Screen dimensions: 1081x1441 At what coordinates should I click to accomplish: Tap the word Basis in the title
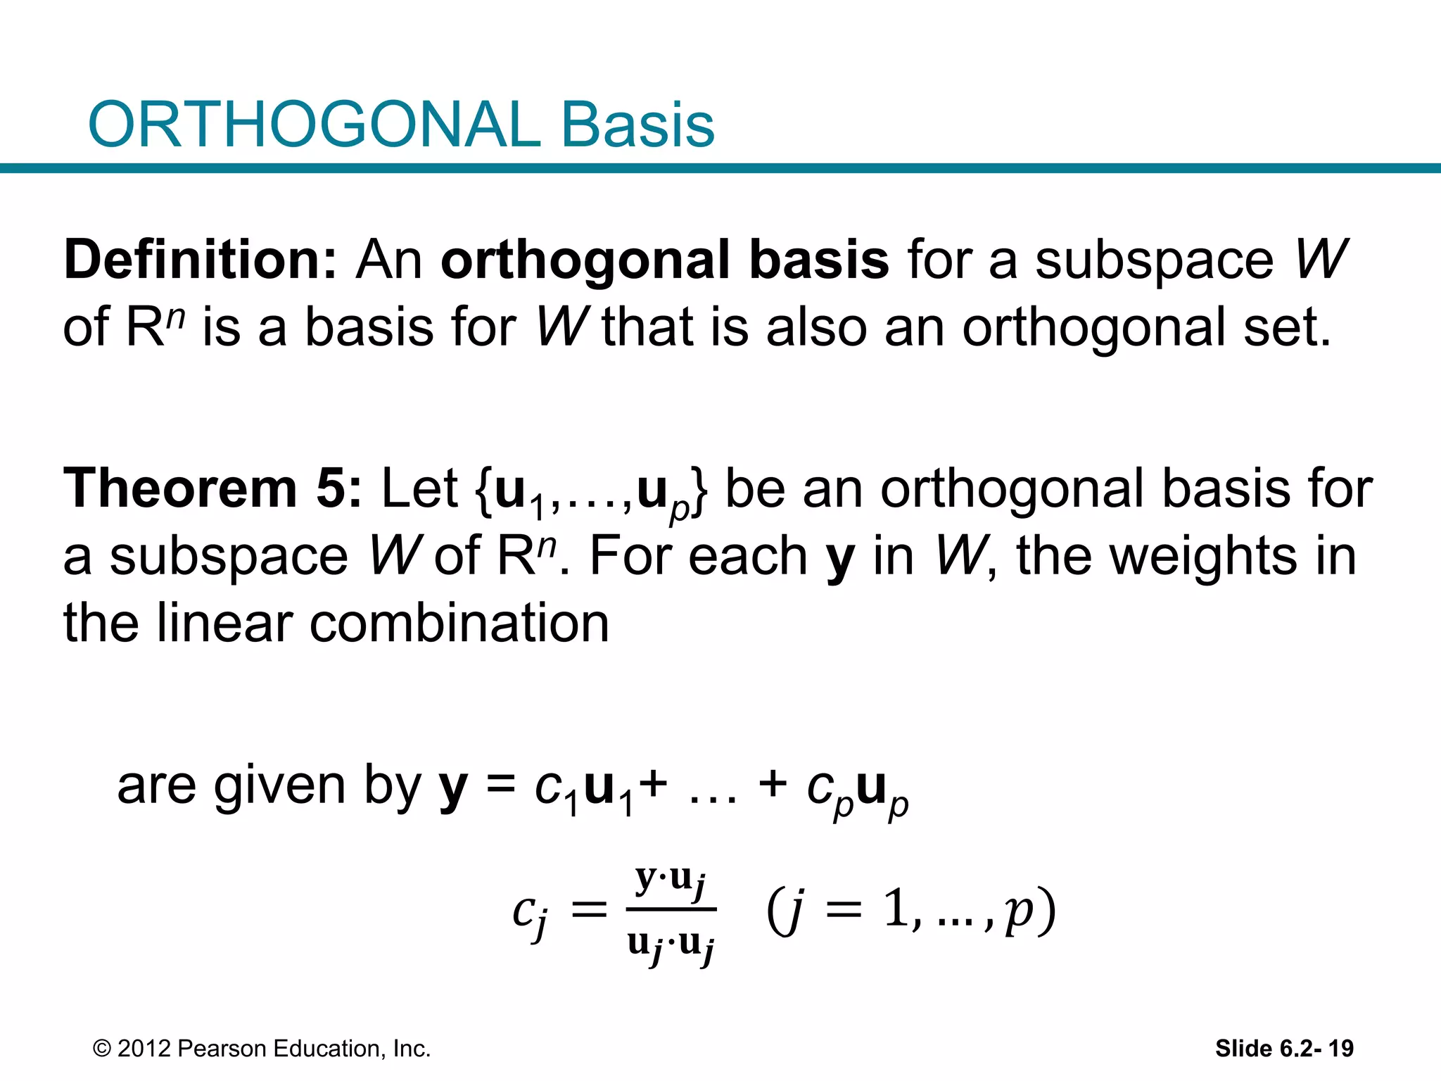pyautogui.click(x=637, y=125)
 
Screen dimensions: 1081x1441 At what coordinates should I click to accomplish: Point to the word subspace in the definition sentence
pyautogui.click(x=1154, y=260)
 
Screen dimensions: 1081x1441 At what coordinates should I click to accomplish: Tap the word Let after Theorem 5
pyautogui.click(x=419, y=488)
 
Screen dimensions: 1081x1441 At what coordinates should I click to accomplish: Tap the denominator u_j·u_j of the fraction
pyautogui.click(x=670, y=944)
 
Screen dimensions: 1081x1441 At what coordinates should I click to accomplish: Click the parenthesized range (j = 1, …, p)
pyautogui.click(x=911, y=911)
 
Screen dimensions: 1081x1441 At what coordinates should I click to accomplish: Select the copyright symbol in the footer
pyautogui.click(x=102, y=1049)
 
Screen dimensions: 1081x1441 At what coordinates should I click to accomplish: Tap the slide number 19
pyautogui.click(x=1341, y=1049)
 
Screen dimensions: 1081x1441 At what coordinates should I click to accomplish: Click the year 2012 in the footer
pyautogui.click(x=144, y=1049)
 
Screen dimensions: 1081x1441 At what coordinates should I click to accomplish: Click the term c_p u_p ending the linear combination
pyautogui.click(x=858, y=790)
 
